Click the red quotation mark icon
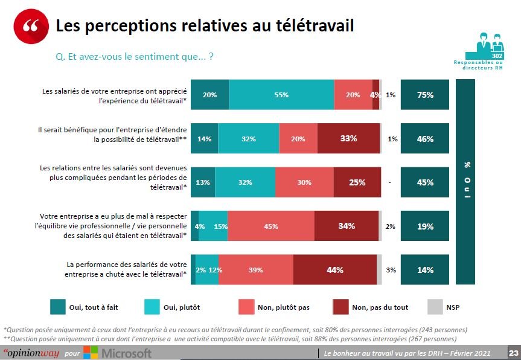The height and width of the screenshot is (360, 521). [x=30, y=27]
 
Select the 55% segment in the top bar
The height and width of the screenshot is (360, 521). [x=281, y=95]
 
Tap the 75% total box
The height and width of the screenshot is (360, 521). [x=425, y=95]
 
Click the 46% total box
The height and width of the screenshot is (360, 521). [x=425, y=139]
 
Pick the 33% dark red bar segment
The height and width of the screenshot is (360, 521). [x=348, y=139]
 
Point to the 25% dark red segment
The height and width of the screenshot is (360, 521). [x=357, y=182]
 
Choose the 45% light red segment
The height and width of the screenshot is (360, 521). [x=271, y=227]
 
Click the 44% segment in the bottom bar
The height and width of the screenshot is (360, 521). [x=334, y=270]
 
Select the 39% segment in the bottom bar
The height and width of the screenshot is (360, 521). [x=256, y=270]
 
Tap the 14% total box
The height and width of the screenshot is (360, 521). [x=425, y=270]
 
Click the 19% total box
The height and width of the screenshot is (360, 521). [x=425, y=227]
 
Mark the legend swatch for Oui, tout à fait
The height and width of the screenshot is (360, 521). [x=58, y=307]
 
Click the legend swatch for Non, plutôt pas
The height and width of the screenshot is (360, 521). [x=246, y=307]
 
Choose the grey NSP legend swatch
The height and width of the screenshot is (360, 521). [x=435, y=307]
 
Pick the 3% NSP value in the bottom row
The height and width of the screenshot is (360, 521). [x=391, y=270]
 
